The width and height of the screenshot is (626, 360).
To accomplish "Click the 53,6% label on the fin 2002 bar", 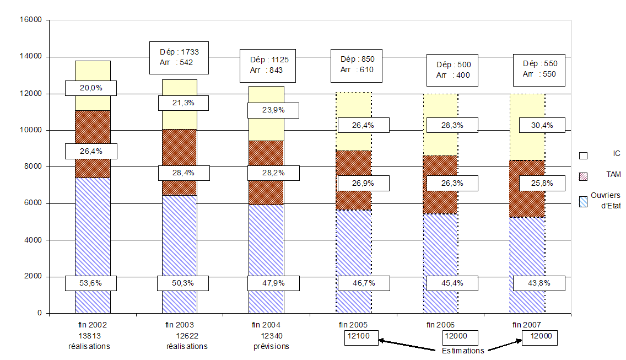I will pos(91,283).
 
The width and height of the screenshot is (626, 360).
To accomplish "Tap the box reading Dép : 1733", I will pos(179,57).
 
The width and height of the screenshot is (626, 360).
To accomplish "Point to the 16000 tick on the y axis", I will pos(30,20).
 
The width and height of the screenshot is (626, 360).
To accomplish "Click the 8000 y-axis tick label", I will pos(33,166).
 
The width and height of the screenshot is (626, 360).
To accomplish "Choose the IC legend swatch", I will pos(582,156).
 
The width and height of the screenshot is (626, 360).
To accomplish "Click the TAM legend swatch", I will pos(582,175).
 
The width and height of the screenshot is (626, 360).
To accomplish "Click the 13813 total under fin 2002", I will pos(89,335).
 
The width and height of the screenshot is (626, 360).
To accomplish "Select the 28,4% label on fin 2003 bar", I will pos(184,173).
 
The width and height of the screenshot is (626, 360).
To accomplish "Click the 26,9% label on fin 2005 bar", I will pos(363,183).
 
